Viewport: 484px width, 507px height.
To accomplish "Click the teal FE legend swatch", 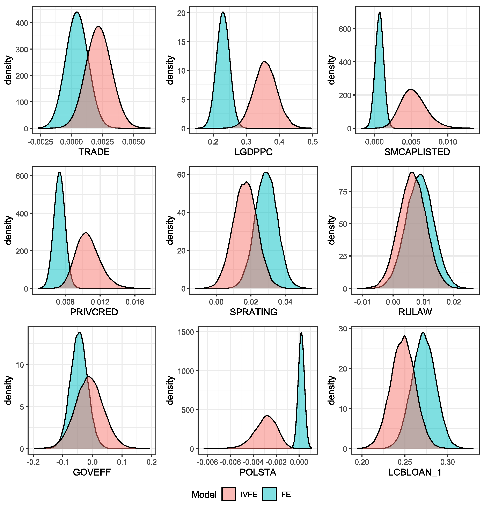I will pyautogui.click(x=270, y=494).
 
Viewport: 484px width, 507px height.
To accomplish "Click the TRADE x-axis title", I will pyautogui.click(x=94, y=152).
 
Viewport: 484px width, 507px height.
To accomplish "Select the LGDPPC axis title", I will pyautogui.click(x=253, y=152).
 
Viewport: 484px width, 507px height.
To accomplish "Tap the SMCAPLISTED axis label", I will pyautogui.click(x=417, y=152).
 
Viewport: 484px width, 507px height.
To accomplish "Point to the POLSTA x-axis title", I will pyautogui.click(x=258, y=472).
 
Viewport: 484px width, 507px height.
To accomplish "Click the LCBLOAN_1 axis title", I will pyautogui.click(x=415, y=472).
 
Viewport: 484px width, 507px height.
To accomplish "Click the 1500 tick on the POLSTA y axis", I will pyautogui.click(x=186, y=332).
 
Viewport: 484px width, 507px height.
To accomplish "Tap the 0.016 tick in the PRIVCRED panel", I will pyautogui.click(x=135, y=302).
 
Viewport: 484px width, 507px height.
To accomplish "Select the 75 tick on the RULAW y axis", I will pyautogui.click(x=343, y=191).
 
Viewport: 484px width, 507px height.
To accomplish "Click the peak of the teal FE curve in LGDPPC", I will pyautogui.click(x=223, y=12).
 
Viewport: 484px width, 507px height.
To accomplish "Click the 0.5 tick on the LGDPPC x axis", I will pyautogui.click(x=313, y=142).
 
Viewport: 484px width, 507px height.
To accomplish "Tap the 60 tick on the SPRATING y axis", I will pyautogui.click(x=182, y=175).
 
